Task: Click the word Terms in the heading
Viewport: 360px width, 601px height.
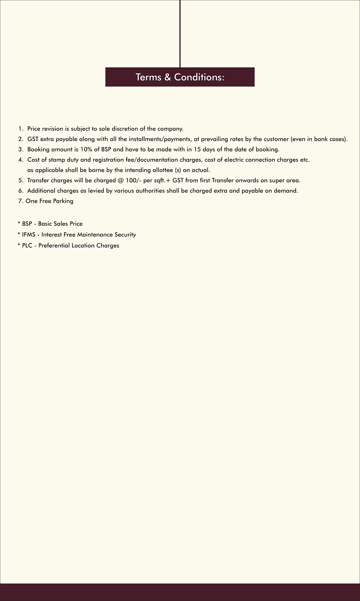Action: click(148, 77)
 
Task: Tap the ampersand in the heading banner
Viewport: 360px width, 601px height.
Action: click(167, 77)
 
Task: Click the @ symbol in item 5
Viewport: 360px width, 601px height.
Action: click(121, 180)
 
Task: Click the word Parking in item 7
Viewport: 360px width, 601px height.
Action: click(63, 201)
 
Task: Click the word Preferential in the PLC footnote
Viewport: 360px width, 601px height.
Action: click(54, 246)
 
